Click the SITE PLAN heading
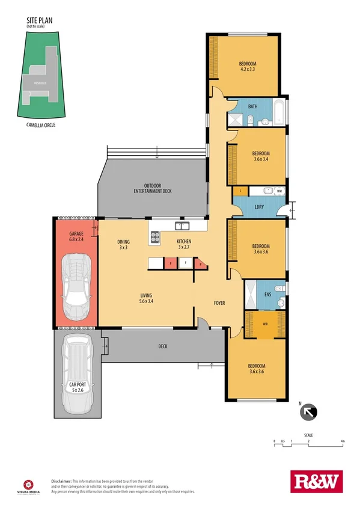pos(40,20)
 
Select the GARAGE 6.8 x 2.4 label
pos(76,236)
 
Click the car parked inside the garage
pos(76,285)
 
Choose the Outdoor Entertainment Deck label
pos(153,188)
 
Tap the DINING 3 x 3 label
pos(124,244)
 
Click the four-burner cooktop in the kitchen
pos(155,237)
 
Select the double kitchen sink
pos(182,226)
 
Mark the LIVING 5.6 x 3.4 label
pos(146,298)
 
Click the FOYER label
pos(219,303)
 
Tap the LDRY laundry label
pos(259,207)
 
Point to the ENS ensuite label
pos(268,295)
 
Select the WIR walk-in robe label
pos(265,325)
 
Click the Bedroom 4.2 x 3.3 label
pos(248,67)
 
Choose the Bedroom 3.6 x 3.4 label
pos(260,156)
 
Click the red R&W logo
pos(315,481)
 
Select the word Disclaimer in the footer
pos(61,481)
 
